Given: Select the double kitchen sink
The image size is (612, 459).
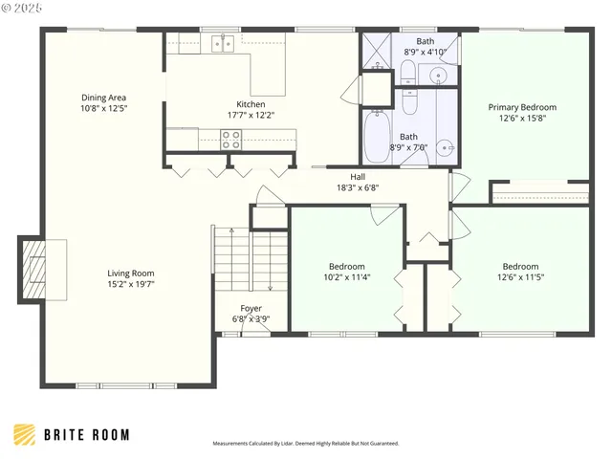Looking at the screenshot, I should [223, 43].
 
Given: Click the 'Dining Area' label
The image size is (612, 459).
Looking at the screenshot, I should [103, 98].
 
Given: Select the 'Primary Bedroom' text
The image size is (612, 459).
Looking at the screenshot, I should [522, 107].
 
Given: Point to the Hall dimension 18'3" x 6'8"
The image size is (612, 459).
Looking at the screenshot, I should [358, 188].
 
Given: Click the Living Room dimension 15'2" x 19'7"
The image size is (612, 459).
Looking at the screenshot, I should [130, 284].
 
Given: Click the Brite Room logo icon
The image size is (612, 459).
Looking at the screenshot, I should [25, 434].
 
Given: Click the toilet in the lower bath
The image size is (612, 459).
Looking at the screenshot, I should [408, 100].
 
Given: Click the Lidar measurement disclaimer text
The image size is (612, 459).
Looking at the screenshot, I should [305, 444].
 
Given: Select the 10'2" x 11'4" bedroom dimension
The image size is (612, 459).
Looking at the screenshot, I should [346, 277].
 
